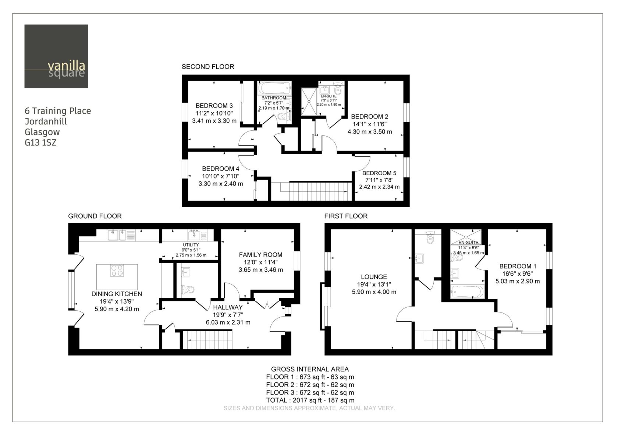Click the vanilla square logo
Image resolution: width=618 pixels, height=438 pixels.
click(56, 56)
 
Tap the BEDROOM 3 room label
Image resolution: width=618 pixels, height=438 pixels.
click(214, 106)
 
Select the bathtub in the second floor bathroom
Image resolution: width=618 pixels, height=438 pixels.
click(274, 88)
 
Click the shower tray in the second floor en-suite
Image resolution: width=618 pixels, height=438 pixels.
click(309, 102)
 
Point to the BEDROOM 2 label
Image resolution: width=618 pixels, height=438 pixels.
click(369, 116)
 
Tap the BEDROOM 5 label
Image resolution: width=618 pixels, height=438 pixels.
click(379, 173)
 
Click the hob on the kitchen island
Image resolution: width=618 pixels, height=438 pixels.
click(117, 271)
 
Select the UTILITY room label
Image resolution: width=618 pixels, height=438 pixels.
click(191, 245)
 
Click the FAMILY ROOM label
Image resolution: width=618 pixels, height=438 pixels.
click(261, 255)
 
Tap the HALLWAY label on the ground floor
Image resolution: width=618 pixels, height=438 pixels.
click(228, 307)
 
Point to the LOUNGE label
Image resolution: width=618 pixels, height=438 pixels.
click(374, 277)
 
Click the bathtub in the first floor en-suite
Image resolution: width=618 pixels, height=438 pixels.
click(467, 292)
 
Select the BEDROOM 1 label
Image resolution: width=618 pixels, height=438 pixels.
click(518, 266)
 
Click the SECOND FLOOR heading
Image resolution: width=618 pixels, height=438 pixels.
click(208, 67)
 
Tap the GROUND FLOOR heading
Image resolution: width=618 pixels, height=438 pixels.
click(95, 216)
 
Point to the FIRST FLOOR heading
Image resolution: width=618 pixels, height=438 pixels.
click(346, 216)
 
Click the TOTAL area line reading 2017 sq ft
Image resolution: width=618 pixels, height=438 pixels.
click(310, 400)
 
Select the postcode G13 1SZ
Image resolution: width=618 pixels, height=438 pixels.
click(40, 143)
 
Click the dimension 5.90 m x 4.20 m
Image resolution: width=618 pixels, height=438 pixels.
click(117, 309)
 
